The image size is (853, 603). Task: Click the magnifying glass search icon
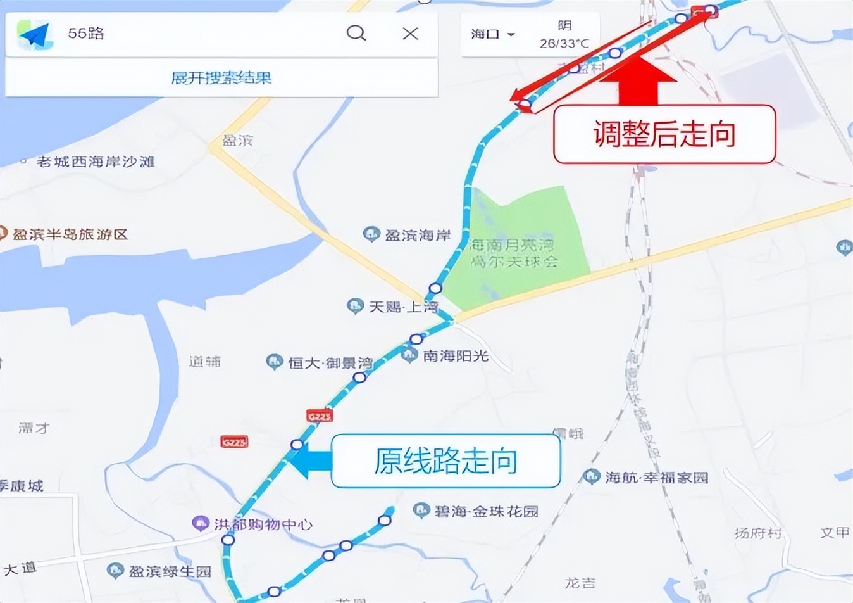click(x=356, y=33)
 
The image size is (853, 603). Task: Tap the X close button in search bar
click(x=410, y=33)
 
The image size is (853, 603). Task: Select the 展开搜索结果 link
click(x=221, y=78)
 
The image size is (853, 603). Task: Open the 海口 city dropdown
click(x=492, y=34)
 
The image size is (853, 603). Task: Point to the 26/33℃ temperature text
click(x=564, y=44)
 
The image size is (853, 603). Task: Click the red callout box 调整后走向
click(x=664, y=134)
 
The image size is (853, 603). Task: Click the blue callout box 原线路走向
click(x=445, y=461)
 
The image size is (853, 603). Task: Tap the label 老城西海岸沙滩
click(x=95, y=162)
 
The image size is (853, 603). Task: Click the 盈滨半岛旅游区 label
click(x=70, y=234)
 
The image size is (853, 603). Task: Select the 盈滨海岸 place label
click(x=417, y=236)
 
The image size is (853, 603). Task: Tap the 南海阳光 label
click(x=455, y=356)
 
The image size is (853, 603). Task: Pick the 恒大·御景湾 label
click(x=329, y=363)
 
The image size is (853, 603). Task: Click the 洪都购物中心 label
click(x=263, y=524)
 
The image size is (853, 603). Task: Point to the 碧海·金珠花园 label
click(x=486, y=511)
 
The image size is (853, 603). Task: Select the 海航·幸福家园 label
click(x=656, y=478)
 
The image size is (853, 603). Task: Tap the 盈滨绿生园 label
click(x=169, y=571)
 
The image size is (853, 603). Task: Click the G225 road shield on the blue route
click(x=320, y=416)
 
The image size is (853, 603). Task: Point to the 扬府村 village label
click(x=757, y=533)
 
